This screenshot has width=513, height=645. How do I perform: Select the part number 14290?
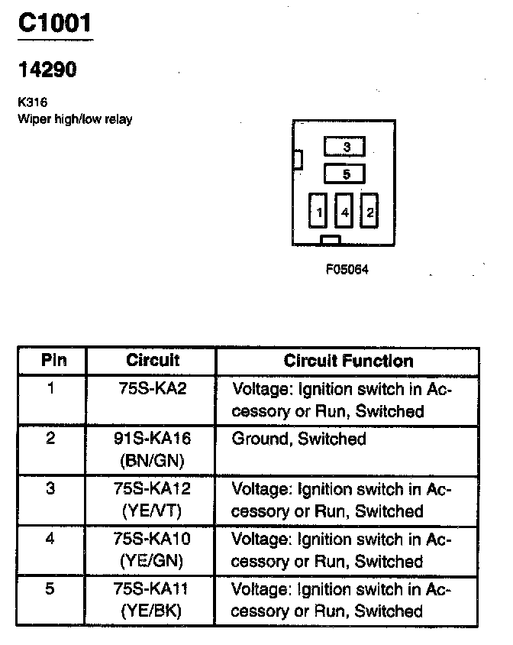coord(47,70)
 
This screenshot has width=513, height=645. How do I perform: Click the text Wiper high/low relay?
coord(74,119)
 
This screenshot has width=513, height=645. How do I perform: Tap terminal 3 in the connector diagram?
coord(345,147)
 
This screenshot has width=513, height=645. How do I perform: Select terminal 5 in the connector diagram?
coord(345,174)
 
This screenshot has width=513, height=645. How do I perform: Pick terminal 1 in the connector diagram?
coord(318,211)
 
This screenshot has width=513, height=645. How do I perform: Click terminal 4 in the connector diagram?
coord(344,211)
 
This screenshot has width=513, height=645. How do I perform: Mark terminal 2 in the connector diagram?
coord(369,211)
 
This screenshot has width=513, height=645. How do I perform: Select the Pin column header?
coord(53,360)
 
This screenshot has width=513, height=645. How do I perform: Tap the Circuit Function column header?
coord(348,360)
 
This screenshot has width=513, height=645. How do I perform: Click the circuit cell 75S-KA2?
coord(153,388)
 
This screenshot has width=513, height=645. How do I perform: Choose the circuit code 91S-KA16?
coord(151,439)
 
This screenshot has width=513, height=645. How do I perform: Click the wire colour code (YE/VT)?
coord(151,511)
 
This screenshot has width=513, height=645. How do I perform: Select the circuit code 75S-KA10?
coord(151,540)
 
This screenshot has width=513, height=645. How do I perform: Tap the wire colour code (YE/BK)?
coord(151,611)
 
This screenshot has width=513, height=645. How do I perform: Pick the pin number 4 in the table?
coord(50,540)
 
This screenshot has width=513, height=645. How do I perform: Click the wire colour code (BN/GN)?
coord(151,461)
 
